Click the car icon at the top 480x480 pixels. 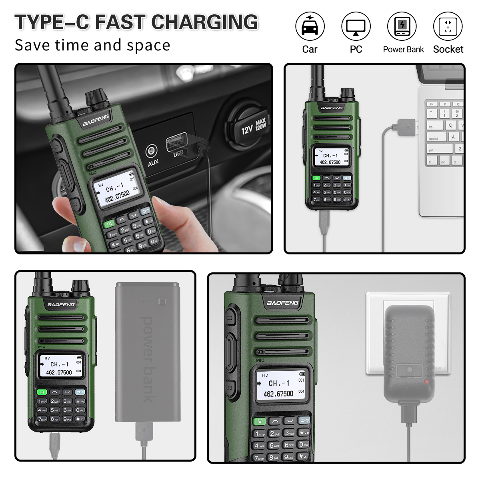click(310, 26)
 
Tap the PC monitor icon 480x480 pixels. click(356, 26)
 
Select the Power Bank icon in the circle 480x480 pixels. click(402, 26)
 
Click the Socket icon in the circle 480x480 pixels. click(448, 26)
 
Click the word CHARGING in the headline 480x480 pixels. click(205, 22)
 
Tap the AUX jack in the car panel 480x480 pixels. click(151, 151)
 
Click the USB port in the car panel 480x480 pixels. click(176, 142)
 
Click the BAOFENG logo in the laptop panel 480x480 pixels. click(332, 108)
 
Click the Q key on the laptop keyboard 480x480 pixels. click(450, 125)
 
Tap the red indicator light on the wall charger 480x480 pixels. click(426, 382)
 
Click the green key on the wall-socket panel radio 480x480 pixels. click(259, 421)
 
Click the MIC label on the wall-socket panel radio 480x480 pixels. click(260, 360)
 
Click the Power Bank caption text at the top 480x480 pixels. click(403, 50)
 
